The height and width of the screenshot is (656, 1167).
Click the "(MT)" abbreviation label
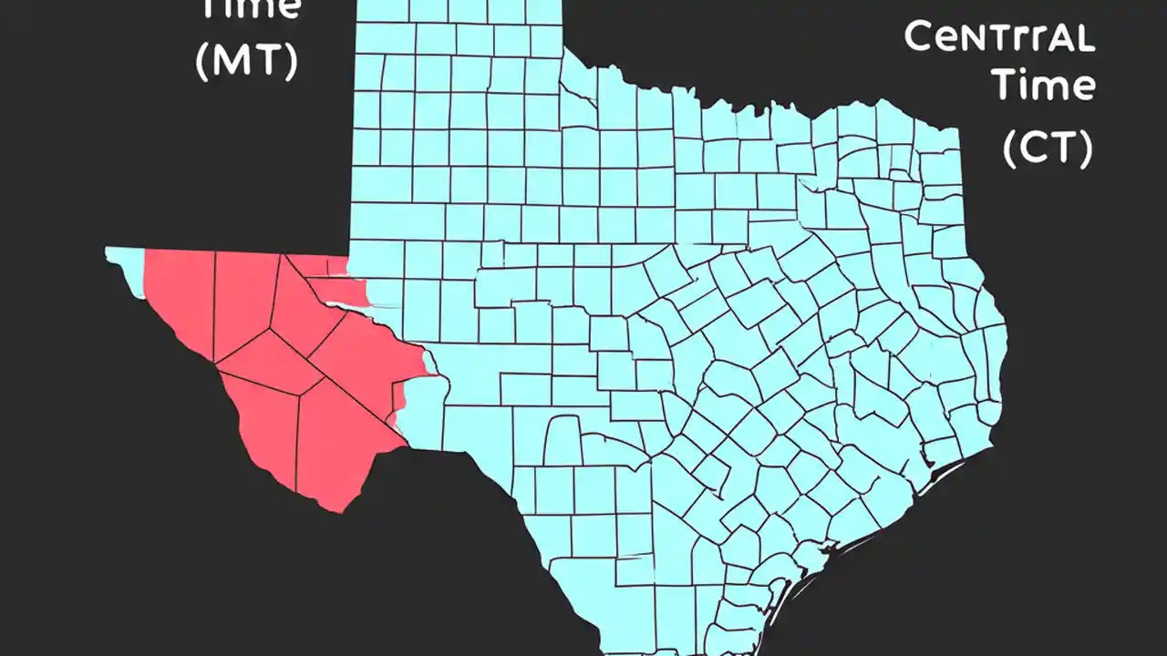247,60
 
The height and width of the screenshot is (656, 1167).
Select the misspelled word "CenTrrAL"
999,38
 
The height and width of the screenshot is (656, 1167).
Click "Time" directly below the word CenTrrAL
1044,87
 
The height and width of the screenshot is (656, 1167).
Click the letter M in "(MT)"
234,60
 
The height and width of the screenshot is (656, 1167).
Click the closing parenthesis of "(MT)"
291,60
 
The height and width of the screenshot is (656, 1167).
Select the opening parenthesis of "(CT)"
1010,148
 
